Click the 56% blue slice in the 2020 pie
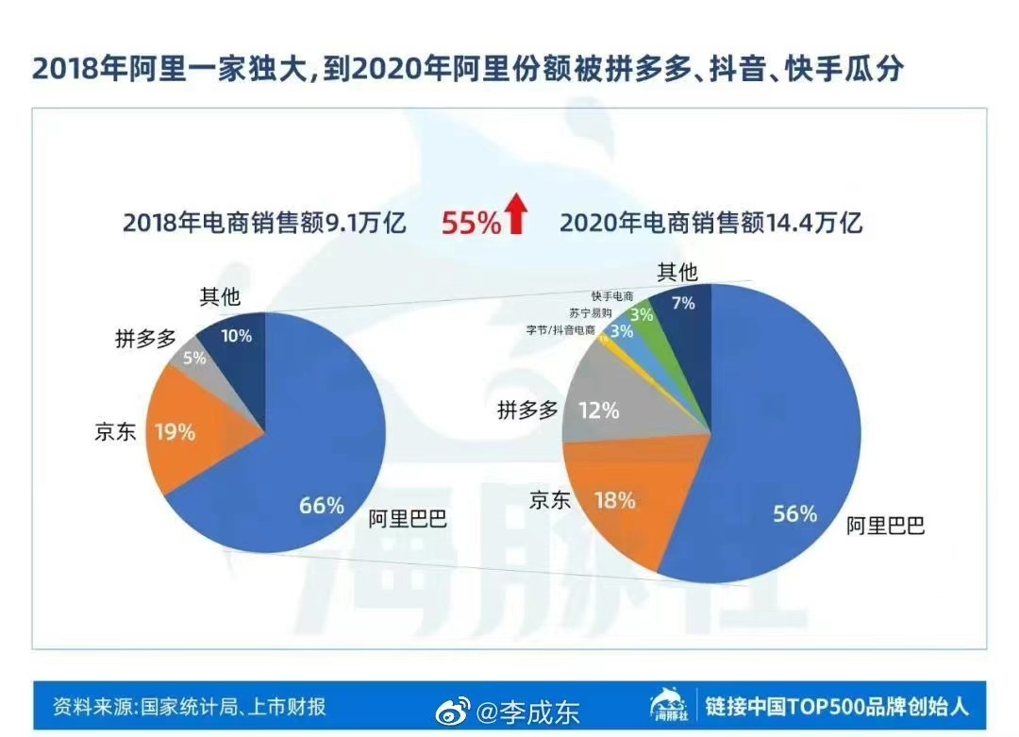coord(783,472)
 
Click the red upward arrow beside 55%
coord(515,214)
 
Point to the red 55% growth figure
coord(471,223)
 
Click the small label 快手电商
coord(612,296)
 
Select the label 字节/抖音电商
coord(560,330)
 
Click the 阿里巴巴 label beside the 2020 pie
coord(885,526)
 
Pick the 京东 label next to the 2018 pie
coord(116,432)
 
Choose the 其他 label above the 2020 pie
coord(677,273)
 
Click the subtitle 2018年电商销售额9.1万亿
coord(263,224)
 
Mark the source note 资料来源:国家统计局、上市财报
coord(190,707)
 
